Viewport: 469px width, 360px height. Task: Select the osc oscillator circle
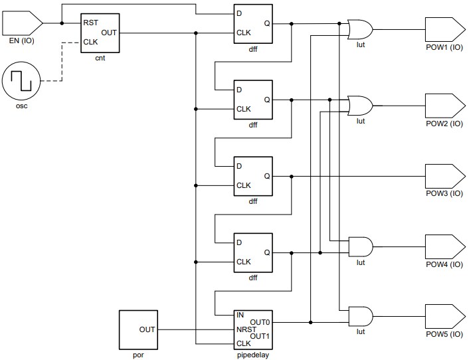click(21, 82)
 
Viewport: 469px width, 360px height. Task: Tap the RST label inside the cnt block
click(91, 23)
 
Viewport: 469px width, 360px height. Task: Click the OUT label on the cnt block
click(109, 32)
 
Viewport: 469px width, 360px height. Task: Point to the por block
click(139, 329)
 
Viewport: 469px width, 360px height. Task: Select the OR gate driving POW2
click(360, 105)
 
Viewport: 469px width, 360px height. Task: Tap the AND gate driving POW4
click(360, 246)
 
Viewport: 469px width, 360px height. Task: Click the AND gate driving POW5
click(360, 315)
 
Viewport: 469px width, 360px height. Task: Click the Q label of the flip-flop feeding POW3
click(266, 176)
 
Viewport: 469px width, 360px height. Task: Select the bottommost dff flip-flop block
click(252, 252)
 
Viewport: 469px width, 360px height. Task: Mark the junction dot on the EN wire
click(62, 23)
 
